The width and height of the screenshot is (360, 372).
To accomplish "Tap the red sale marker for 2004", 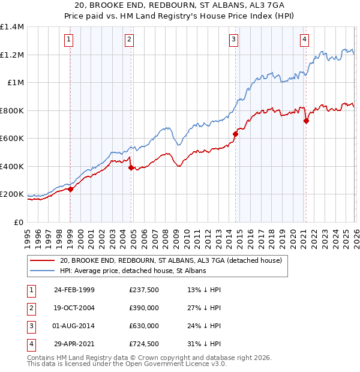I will tap(130, 168).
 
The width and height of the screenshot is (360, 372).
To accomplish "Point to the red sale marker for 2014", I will tap(236, 134).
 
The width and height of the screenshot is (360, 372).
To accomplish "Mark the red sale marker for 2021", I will tap(307, 121).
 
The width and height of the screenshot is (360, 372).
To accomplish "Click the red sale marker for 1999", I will tap(70, 189).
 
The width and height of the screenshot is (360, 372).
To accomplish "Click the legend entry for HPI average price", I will tap(133, 271).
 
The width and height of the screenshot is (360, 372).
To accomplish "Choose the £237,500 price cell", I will tap(144, 289).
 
